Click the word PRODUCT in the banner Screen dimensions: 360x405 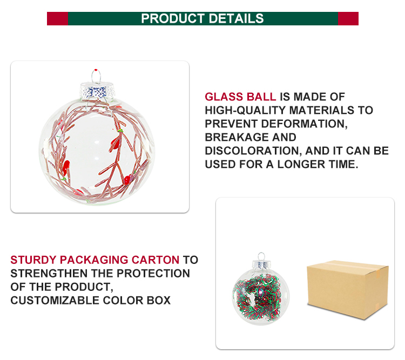tap(171, 18)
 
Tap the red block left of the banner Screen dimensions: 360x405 tap(57, 18)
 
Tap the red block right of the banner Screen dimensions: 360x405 tap(348, 18)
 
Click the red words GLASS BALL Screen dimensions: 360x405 tap(240, 97)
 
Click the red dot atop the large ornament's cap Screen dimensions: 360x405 tap(96, 71)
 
